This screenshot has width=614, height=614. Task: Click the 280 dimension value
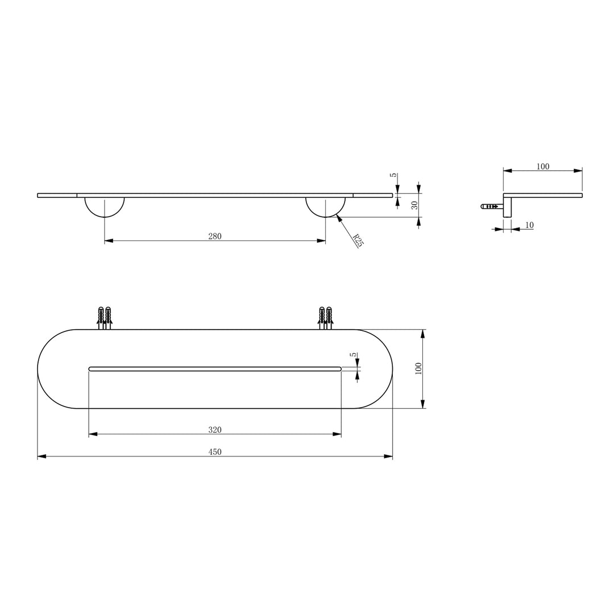coord(215,237)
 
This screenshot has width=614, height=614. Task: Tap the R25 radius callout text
coord(358,240)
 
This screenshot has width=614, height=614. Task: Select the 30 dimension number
coord(415,205)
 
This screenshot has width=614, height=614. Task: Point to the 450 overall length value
coord(215,452)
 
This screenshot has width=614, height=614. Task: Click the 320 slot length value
coord(215,430)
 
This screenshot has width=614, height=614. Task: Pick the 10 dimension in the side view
coord(529,225)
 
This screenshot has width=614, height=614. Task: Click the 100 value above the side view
coord(543,167)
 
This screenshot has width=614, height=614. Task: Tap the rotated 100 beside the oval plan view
coord(418,368)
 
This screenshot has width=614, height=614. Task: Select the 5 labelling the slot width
coord(353,355)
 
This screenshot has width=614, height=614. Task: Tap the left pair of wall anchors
coord(105,317)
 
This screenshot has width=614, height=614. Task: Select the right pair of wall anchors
coord(325,317)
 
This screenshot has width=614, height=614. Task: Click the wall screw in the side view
coord(490,206)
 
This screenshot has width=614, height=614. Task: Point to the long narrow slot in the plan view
coord(215,369)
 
